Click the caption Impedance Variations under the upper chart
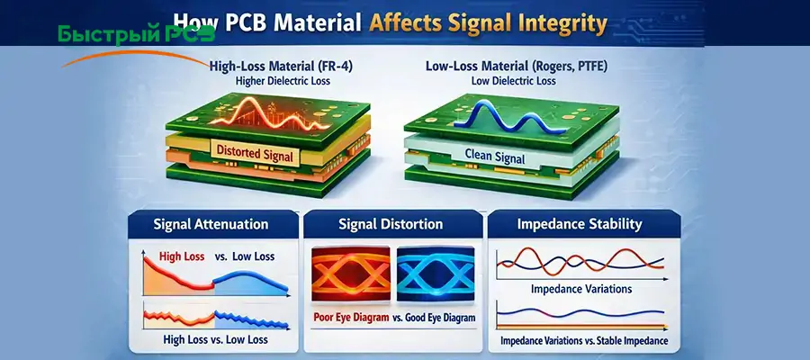click(580, 289)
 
